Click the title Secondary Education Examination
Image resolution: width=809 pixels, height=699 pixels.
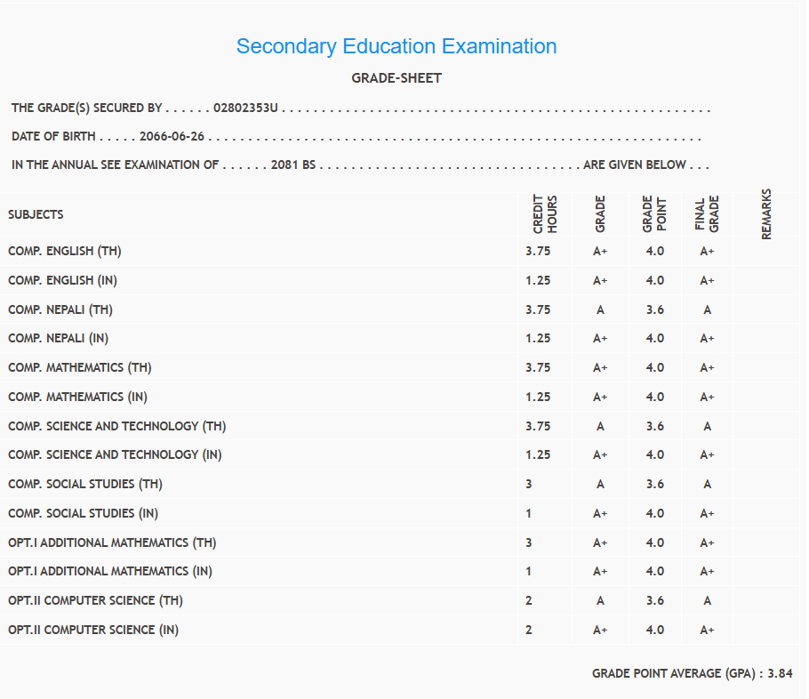[396, 46]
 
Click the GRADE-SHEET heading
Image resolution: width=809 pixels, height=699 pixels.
[396, 78]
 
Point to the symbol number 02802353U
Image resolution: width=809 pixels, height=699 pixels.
[246, 108]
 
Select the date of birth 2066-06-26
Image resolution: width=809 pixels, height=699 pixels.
[172, 137]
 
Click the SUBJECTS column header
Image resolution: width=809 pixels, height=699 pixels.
[36, 215]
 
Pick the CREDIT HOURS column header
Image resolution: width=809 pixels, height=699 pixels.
[544, 214]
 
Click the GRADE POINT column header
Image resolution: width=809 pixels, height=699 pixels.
[654, 214]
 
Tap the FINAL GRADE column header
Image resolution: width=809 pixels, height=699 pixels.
[707, 214]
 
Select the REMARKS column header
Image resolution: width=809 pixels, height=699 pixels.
[766, 213]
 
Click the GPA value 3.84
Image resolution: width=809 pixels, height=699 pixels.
[780, 674]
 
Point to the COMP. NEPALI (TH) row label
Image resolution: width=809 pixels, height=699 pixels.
[60, 309]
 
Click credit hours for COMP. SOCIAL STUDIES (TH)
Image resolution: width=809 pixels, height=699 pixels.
[529, 484]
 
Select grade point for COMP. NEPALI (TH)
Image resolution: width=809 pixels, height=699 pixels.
[654, 309]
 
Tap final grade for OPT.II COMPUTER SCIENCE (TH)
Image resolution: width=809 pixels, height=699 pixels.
[707, 600]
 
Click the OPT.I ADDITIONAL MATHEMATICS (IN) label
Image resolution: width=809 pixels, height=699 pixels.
[110, 571]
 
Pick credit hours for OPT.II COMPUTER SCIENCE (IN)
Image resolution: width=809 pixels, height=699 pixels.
[529, 630]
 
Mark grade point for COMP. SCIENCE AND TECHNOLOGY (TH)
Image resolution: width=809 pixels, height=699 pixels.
[654, 426]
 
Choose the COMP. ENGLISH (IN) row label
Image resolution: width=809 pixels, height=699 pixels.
[62, 280]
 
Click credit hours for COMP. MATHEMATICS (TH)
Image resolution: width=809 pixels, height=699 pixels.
[538, 367]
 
